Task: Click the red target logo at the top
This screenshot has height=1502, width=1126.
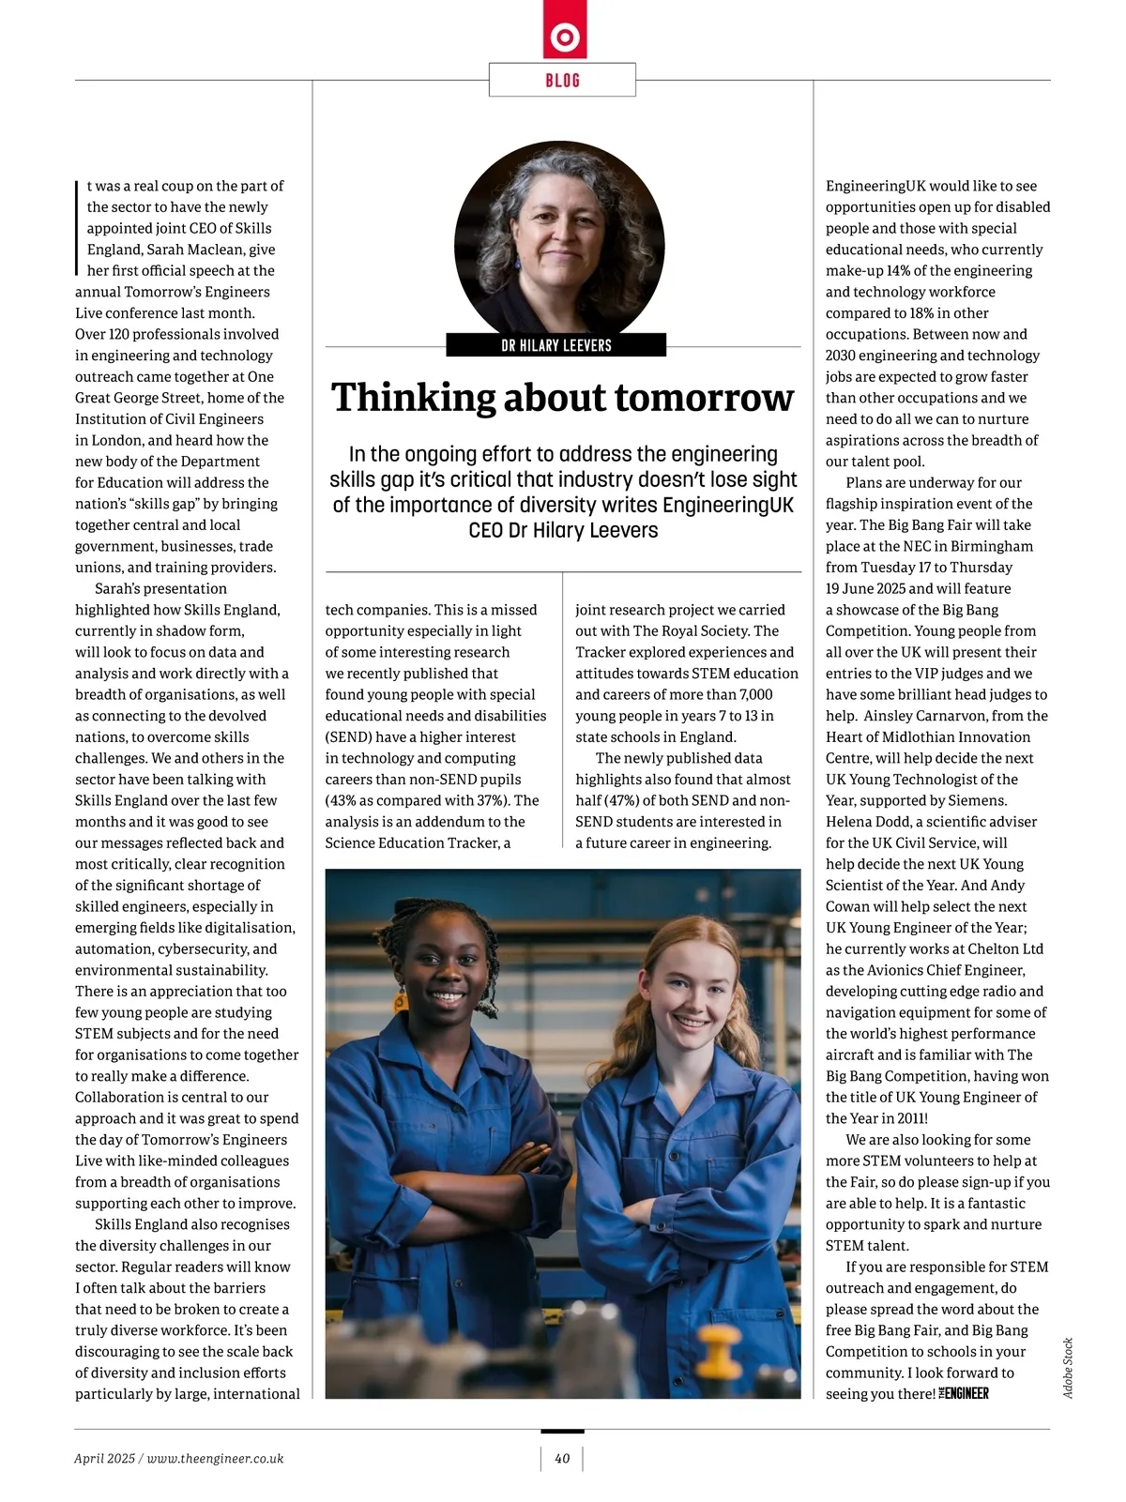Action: coord(564,38)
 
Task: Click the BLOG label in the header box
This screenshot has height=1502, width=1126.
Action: coord(562,81)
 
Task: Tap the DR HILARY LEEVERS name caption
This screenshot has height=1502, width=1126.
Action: coord(556,345)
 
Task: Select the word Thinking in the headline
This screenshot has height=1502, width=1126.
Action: coord(413,398)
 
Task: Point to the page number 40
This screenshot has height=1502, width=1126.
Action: coord(562,1458)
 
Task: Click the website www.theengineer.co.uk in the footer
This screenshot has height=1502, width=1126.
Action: coord(216,1458)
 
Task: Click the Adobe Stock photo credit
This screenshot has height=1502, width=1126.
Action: coord(1068,1368)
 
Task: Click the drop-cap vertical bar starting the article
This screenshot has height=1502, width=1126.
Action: coord(78,228)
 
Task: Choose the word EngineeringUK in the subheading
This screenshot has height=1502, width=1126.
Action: coord(727,505)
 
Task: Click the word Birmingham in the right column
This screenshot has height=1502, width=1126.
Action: coord(984,547)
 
